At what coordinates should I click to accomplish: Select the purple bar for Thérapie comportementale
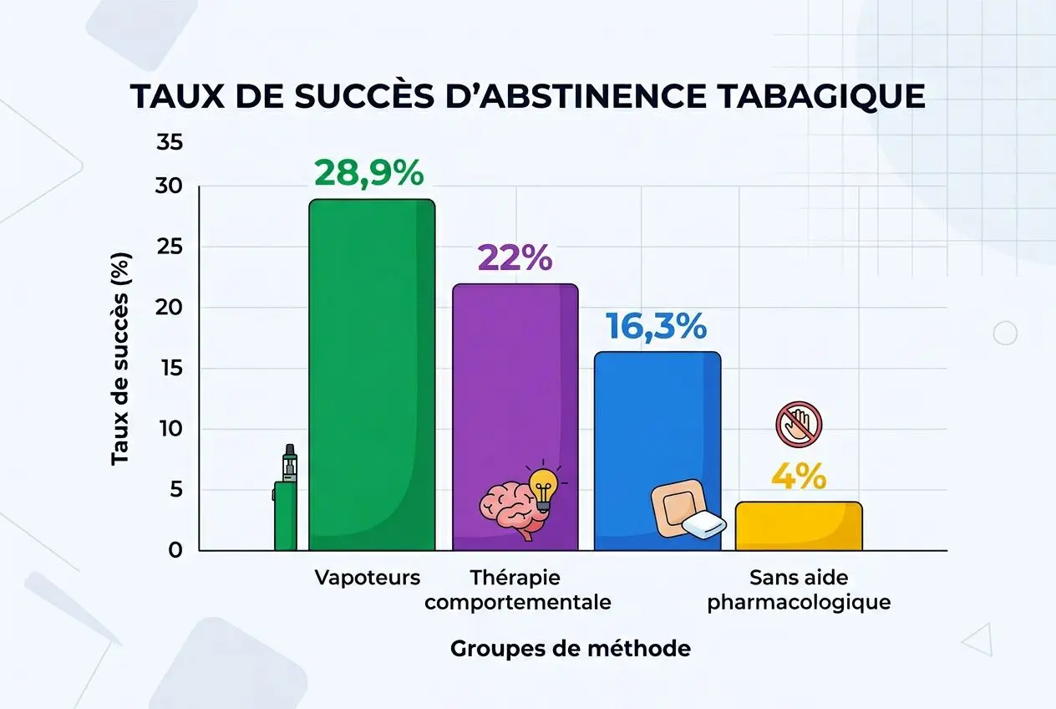[x=515, y=385]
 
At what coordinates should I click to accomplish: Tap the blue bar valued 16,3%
[x=657, y=418]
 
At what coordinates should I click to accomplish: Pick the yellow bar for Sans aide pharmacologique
[x=799, y=527]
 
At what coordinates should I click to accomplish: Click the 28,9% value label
[x=368, y=173]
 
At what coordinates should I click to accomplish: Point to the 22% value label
[x=515, y=258]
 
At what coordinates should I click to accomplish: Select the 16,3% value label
[x=657, y=327]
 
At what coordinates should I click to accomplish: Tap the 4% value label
[x=798, y=477]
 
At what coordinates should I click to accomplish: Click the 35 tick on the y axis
[x=170, y=142]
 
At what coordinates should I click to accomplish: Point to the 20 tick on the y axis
[x=170, y=308]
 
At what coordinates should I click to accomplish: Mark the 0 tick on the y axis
[x=175, y=551]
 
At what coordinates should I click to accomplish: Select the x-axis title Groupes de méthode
[x=571, y=648]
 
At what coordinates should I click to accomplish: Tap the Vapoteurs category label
[x=368, y=578]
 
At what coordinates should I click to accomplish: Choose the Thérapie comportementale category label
[x=518, y=589]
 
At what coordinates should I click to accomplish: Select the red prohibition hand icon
[x=799, y=424]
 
